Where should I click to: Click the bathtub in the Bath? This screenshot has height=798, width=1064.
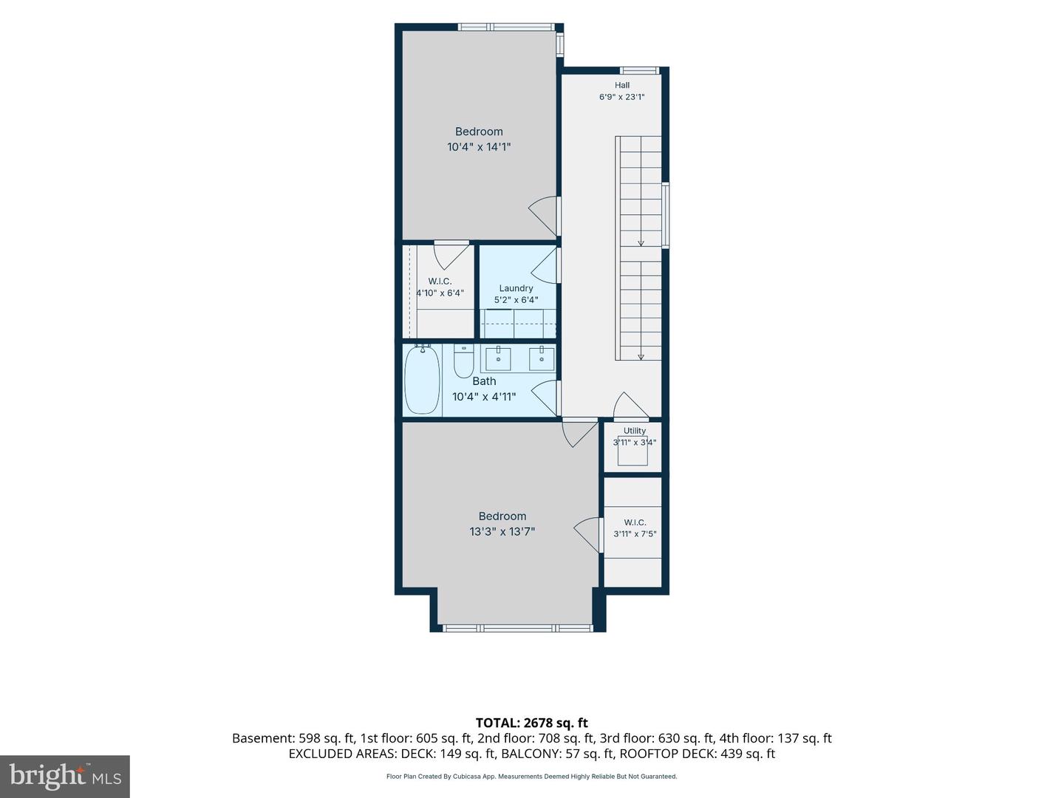point(422,380)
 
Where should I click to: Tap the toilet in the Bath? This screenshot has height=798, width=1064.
point(463,361)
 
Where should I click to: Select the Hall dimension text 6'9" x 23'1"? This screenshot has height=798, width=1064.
point(622,97)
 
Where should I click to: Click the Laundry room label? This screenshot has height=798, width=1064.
point(516,288)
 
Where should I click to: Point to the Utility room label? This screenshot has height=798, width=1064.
point(635,431)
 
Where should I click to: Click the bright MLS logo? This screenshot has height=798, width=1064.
point(65,776)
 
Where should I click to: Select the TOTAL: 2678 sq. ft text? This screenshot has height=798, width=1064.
point(532,723)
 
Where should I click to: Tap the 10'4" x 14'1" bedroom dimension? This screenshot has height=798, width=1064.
point(479,147)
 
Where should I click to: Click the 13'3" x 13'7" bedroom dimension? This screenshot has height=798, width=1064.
point(502,531)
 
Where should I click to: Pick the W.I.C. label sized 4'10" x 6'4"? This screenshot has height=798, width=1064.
point(440,281)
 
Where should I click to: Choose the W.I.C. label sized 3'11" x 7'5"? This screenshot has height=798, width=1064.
point(635,522)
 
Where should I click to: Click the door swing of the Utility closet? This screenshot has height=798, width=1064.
point(631,405)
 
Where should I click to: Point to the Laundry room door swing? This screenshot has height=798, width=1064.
point(544,265)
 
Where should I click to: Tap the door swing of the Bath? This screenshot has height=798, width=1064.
point(545,398)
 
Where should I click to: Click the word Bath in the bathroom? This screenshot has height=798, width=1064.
point(484,381)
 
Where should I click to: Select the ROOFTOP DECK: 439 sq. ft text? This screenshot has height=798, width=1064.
point(698,754)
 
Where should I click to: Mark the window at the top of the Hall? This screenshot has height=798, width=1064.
point(639,71)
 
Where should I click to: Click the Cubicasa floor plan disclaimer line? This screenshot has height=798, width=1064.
point(532,777)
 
